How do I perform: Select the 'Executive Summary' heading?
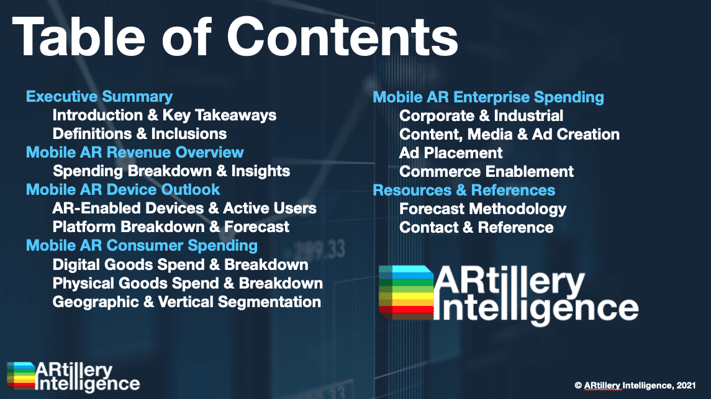99,97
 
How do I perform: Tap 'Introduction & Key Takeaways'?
164,115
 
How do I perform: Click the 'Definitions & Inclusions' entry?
140,133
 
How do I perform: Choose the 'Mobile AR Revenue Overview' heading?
135,152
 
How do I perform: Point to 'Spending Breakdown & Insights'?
171,171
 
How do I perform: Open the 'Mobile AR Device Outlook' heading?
123,189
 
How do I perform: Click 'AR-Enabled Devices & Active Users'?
184,208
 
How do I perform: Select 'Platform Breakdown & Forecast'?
171,226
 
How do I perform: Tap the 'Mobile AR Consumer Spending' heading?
142,246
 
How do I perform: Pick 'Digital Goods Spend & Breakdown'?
180,265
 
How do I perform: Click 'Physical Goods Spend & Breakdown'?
188,284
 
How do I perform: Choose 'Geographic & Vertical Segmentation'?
186,302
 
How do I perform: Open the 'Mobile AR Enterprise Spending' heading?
488,97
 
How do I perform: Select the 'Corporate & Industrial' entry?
481,115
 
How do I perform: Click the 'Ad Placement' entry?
451,153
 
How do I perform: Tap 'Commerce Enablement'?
487,172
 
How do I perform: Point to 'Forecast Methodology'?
482,209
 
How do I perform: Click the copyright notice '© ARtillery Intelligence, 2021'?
635,385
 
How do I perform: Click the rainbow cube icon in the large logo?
406,292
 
